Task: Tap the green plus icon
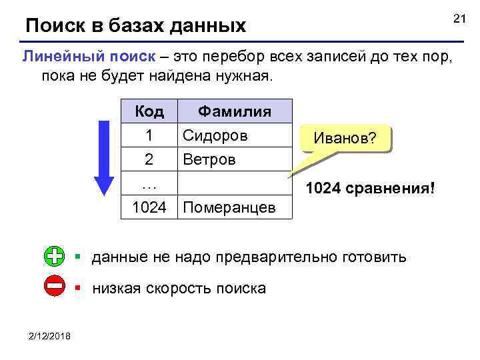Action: click(55, 255)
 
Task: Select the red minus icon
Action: click(55, 287)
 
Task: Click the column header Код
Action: click(149, 111)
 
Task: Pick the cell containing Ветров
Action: click(209, 160)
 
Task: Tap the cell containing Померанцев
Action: click(229, 208)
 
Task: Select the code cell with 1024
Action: click(149, 208)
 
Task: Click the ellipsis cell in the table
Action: click(149, 183)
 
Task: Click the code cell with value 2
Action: click(149, 160)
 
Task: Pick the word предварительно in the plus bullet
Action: click(290, 256)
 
